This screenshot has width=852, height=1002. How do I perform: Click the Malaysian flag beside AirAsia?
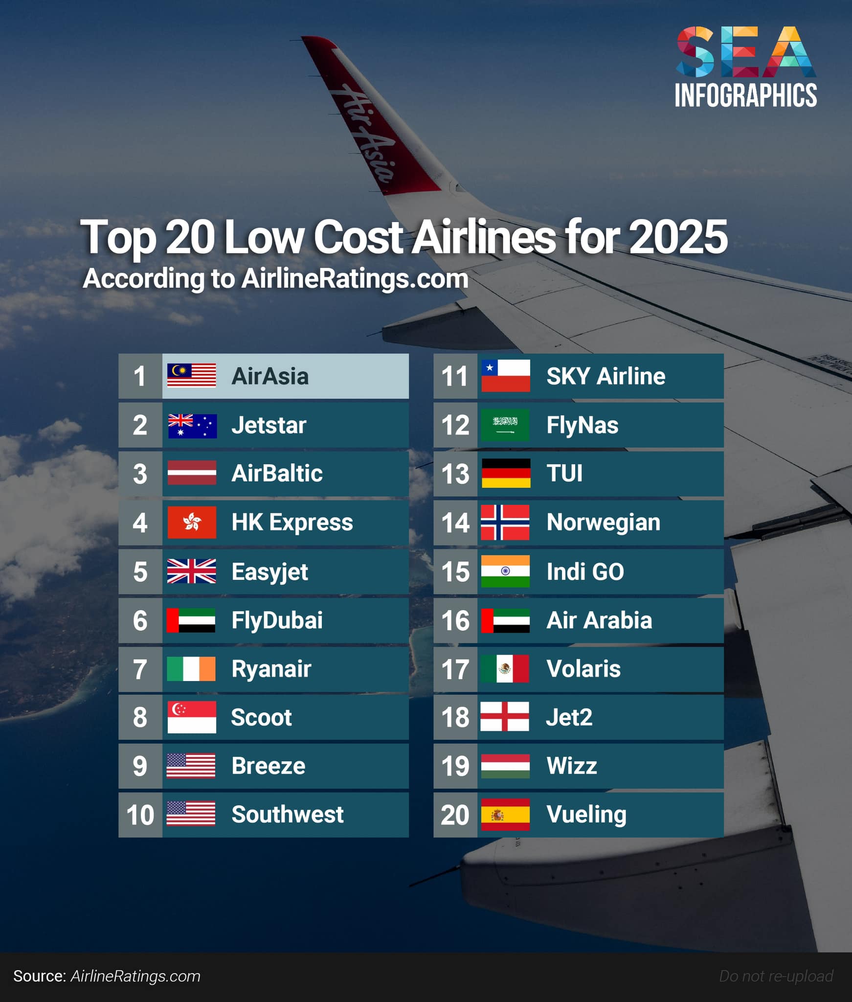point(191,376)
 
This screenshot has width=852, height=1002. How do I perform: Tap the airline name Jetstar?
point(269,425)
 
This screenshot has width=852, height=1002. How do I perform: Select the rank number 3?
point(140,474)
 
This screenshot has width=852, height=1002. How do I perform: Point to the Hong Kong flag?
point(191,523)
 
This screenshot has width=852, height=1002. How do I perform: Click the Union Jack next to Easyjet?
point(191,571)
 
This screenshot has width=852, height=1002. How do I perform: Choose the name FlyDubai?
point(277,620)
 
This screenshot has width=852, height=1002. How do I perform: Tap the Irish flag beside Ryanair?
point(191,669)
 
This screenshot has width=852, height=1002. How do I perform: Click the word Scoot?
point(261,717)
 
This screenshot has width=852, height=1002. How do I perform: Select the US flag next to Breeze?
point(191,766)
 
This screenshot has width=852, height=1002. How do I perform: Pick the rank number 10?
point(140,815)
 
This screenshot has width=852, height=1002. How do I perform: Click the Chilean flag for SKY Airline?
point(505,376)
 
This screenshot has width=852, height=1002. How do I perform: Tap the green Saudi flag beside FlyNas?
point(505,425)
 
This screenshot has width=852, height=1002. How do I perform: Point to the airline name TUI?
point(564,473)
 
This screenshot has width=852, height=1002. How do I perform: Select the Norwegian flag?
point(505,523)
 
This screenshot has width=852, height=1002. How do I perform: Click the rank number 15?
point(455,571)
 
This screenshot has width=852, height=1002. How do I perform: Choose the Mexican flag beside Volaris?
point(505,669)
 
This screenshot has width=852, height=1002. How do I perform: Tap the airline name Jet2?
point(569,717)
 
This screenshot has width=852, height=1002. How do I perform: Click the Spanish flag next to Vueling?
point(505,815)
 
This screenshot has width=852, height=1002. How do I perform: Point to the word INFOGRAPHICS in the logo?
point(745,95)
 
